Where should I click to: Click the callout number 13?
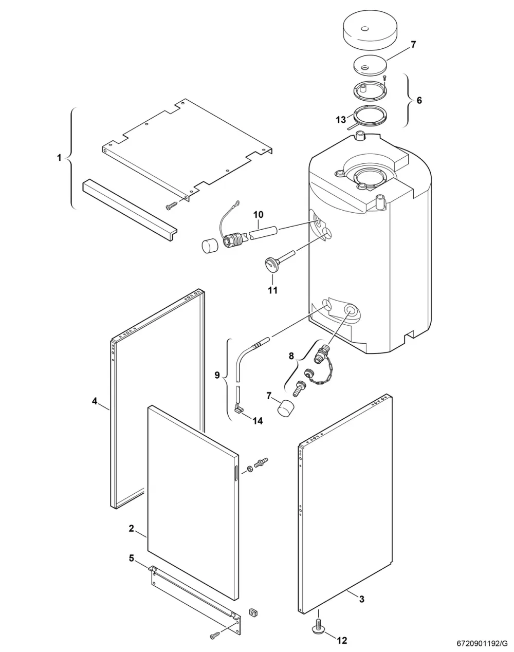pyautogui.click(x=341, y=120)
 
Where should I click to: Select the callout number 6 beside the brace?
pyautogui.click(x=419, y=100)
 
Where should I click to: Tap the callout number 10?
pyautogui.click(x=258, y=215)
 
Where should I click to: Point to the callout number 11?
pyautogui.click(x=272, y=290)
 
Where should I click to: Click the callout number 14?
pyautogui.click(x=258, y=420)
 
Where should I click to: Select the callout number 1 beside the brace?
pyautogui.click(x=60, y=158)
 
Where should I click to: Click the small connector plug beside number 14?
pyautogui.click(x=239, y=410)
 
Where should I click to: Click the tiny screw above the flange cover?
pyautogui.click(x=384, y=78)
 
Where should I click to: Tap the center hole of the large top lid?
pyautogui.click(x=365, y=29)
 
